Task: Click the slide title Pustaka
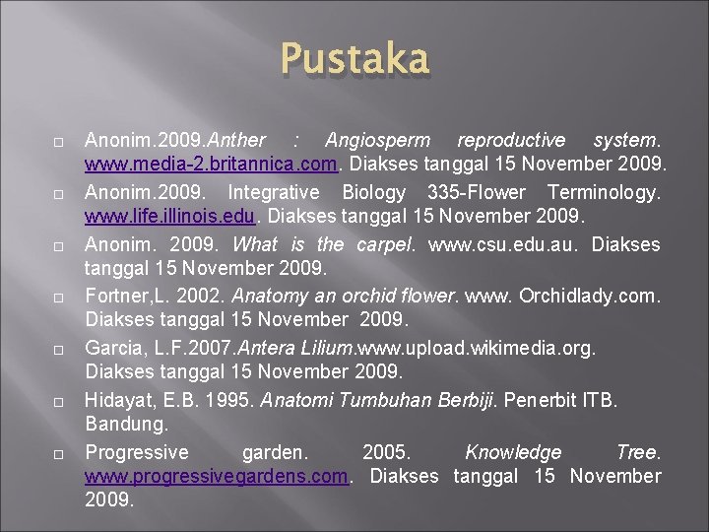coord(354,58)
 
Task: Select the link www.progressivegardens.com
coord(217,476)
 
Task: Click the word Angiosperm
coord(372,140)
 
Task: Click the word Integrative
coord(274,192)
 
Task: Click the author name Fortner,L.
coord(121,296)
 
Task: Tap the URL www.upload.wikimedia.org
coord(478,348)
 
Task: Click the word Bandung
coord(126,424)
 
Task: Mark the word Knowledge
coord(513,452)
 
